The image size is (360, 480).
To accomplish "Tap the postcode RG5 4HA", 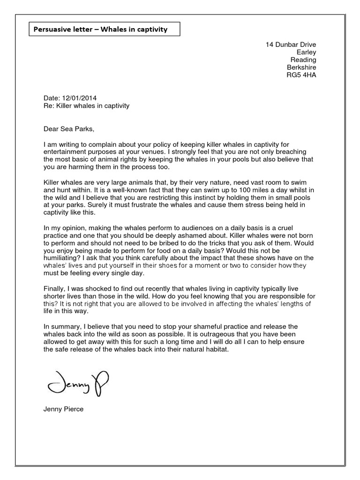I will tap(301, 75).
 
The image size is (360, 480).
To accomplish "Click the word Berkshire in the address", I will tap(301, 67).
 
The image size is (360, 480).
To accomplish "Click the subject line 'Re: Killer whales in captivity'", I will tap(86, 106).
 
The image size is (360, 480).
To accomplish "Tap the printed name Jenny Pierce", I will tap(63, 409).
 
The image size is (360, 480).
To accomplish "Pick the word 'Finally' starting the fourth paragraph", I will tap(53, 289).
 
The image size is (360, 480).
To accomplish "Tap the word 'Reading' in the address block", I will tap(303, 60).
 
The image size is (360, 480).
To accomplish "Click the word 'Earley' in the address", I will tap(306, 52).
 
